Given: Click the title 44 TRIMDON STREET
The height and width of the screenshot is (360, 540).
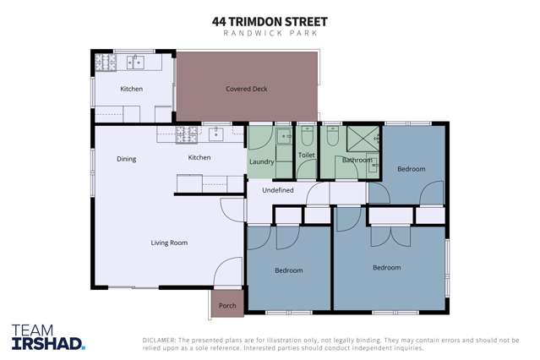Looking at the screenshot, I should (270, 20).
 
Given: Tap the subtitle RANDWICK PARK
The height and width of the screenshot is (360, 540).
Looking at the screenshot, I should (270, 33).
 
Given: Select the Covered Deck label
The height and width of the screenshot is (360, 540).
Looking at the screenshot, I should (247, 89).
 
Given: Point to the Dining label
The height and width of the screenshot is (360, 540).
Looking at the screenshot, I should (126, 159).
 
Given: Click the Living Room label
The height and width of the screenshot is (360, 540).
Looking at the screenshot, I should (169, 243).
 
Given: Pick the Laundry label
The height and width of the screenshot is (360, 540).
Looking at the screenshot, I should (261, 161).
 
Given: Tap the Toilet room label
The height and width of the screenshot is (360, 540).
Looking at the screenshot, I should (306, 155).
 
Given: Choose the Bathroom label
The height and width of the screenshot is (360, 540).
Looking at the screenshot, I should (357, 160).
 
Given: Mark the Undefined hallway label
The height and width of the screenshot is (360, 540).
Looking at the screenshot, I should (278, 190).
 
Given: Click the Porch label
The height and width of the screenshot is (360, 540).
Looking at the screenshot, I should (227, 306).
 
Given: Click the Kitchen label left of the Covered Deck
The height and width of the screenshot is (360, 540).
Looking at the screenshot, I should (131, 89).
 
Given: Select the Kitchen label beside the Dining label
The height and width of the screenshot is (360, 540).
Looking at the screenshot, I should (199, 158).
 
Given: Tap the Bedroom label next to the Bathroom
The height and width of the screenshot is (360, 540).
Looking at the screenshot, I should (412, 169).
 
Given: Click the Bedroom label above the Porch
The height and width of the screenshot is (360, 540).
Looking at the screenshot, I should (288, 270).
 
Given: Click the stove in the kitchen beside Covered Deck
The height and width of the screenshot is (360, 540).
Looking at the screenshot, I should (107, 61).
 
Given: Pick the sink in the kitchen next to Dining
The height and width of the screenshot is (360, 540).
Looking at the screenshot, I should (216, 133).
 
